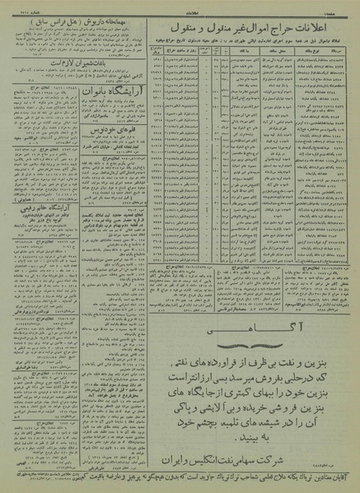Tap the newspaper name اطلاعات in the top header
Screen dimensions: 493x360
pos(180,5)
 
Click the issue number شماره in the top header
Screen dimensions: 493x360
pos(25,5)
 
